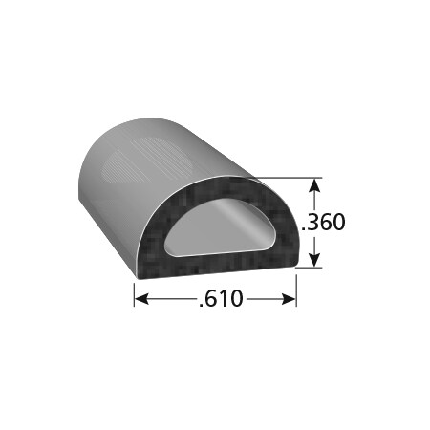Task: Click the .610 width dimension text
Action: tap(221, 300)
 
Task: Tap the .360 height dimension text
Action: tap(322, 223)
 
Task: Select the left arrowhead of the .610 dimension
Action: tap(140, 299)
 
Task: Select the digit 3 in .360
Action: tap(313, 223)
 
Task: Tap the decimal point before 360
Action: tap(304, 229)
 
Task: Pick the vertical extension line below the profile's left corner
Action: tap(134, 290)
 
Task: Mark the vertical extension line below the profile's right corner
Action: tap(295, 290)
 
